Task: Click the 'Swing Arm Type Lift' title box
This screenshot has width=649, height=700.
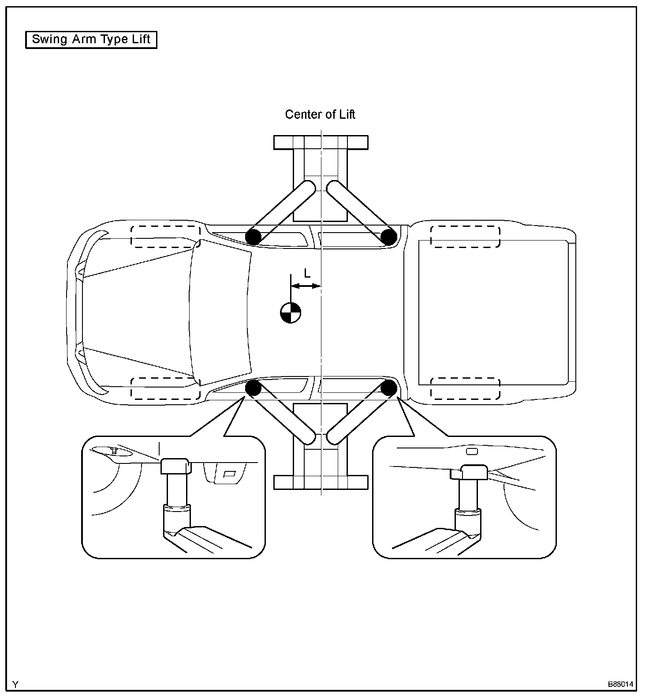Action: (91, 40)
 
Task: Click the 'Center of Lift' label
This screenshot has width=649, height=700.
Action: (320, 115)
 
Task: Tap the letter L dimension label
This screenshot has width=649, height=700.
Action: (307, 274)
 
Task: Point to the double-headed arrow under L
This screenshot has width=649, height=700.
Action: (306, 286)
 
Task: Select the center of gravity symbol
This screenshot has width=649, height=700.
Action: (291, 313)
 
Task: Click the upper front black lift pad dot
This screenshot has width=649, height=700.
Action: (254, 237)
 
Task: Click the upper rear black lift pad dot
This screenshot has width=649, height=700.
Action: (388, 237)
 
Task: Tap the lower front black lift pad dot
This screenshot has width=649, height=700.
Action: (254, 388)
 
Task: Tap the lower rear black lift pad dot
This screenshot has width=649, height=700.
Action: (388, 388)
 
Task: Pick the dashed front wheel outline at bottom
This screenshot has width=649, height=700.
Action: (166, 388)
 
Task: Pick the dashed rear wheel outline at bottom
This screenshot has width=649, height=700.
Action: (465, 388)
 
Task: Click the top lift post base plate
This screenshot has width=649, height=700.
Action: (321, 143)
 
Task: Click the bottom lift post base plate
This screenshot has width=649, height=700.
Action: (321, 482)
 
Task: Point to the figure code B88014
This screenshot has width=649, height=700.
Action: (621, 685)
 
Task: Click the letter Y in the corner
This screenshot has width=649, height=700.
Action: (16, 685)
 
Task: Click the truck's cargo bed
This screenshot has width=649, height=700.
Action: (493, 312)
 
